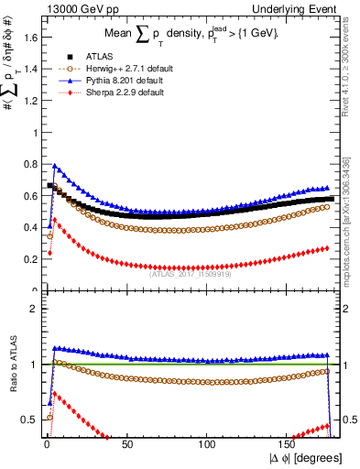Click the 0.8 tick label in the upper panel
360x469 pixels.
point(30,163)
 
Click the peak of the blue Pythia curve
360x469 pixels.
point(55,167)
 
